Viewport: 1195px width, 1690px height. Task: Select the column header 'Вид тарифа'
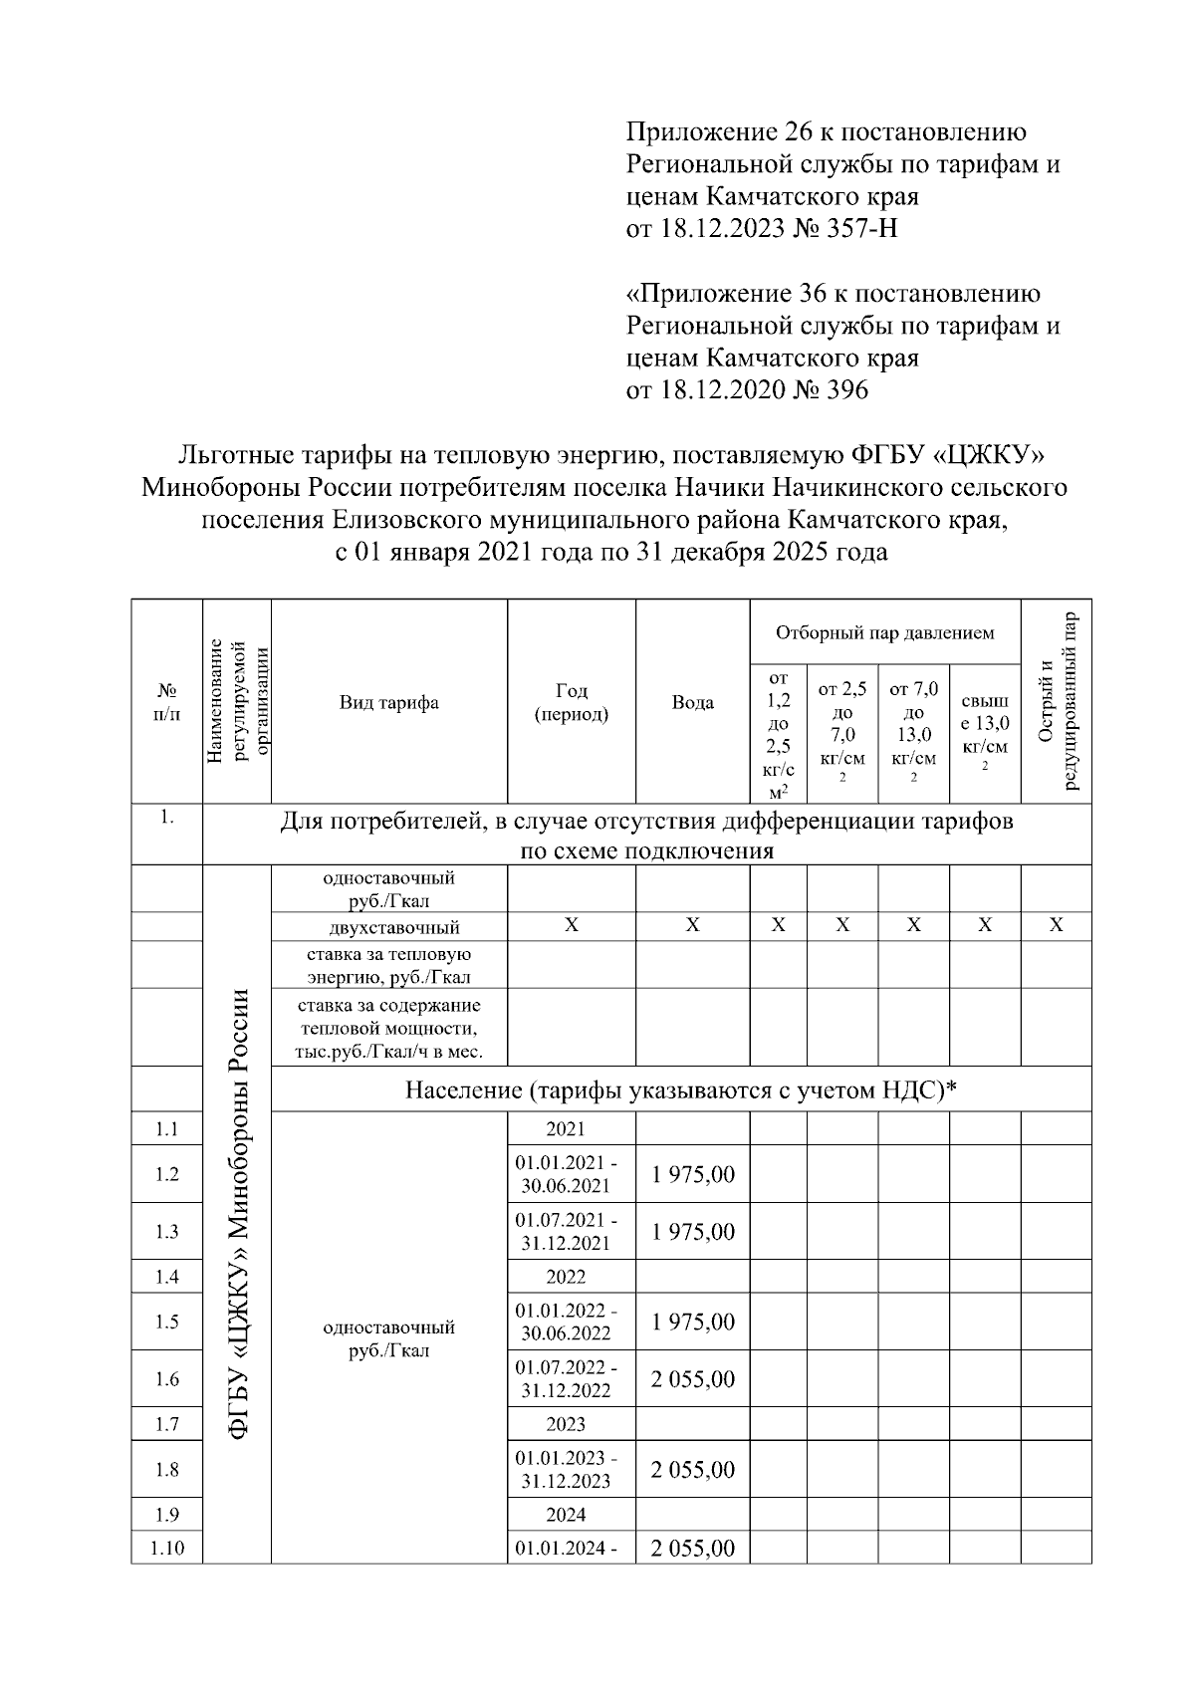click(389, 702)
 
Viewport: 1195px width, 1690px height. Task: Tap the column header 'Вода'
click(692, 702)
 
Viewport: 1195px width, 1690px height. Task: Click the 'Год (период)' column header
click(572, 702)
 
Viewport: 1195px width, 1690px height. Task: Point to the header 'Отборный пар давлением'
click(884, 632)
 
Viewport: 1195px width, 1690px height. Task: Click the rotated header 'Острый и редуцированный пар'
click(1057, 701)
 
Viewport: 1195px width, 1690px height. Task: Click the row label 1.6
click(167, 1379)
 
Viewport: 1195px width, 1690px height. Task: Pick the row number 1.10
click(167, 1549)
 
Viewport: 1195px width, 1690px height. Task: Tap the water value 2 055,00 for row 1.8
click(693, 1470)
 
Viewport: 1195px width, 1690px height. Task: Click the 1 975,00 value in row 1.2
click(693, 1175)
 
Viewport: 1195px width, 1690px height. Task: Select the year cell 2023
click(566, 1424)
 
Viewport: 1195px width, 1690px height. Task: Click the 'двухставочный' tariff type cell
click(389, 927)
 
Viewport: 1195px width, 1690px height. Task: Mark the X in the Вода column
click(693, 926)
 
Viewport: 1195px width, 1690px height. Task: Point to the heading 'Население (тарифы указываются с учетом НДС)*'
click(680, 1090)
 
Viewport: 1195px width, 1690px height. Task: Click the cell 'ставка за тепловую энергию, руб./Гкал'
click(389, 965)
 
